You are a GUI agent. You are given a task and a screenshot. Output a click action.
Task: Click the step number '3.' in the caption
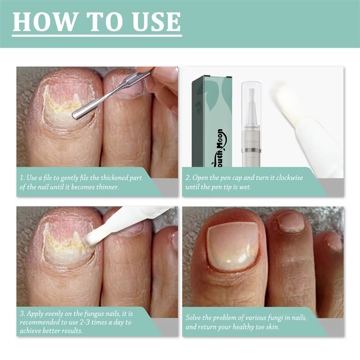coord(22,313)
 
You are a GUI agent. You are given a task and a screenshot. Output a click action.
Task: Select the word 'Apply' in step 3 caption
coord(36,313)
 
